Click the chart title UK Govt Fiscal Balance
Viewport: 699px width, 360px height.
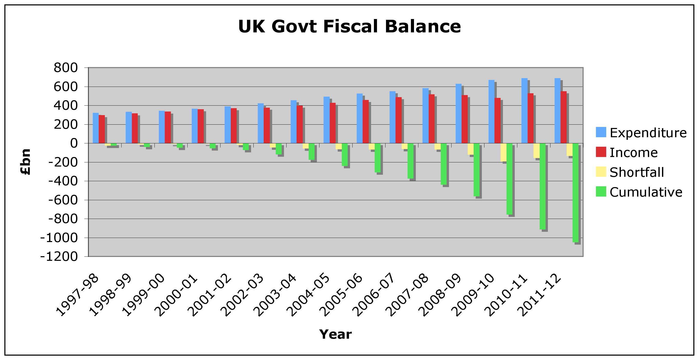(x=349, y=26)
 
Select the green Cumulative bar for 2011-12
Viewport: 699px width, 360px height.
(x=575, y=193)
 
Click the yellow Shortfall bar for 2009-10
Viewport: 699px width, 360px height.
(x=503, y=152)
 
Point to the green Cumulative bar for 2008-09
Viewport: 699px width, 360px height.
(x=476, y=170)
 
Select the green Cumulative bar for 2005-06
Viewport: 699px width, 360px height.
(x=378, y=158)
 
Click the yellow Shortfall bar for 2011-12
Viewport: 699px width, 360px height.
(x=569, y=150)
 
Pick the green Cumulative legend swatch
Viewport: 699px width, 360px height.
(x=601, y=191)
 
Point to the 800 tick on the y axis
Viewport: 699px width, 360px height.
(x=66, y=68)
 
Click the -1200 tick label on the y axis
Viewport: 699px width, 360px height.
(x=59, y=256)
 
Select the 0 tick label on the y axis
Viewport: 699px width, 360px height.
(x=74, y=143)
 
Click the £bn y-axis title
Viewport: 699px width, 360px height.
(x=26, y=162)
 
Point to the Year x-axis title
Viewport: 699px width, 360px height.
(x=335, y=334)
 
